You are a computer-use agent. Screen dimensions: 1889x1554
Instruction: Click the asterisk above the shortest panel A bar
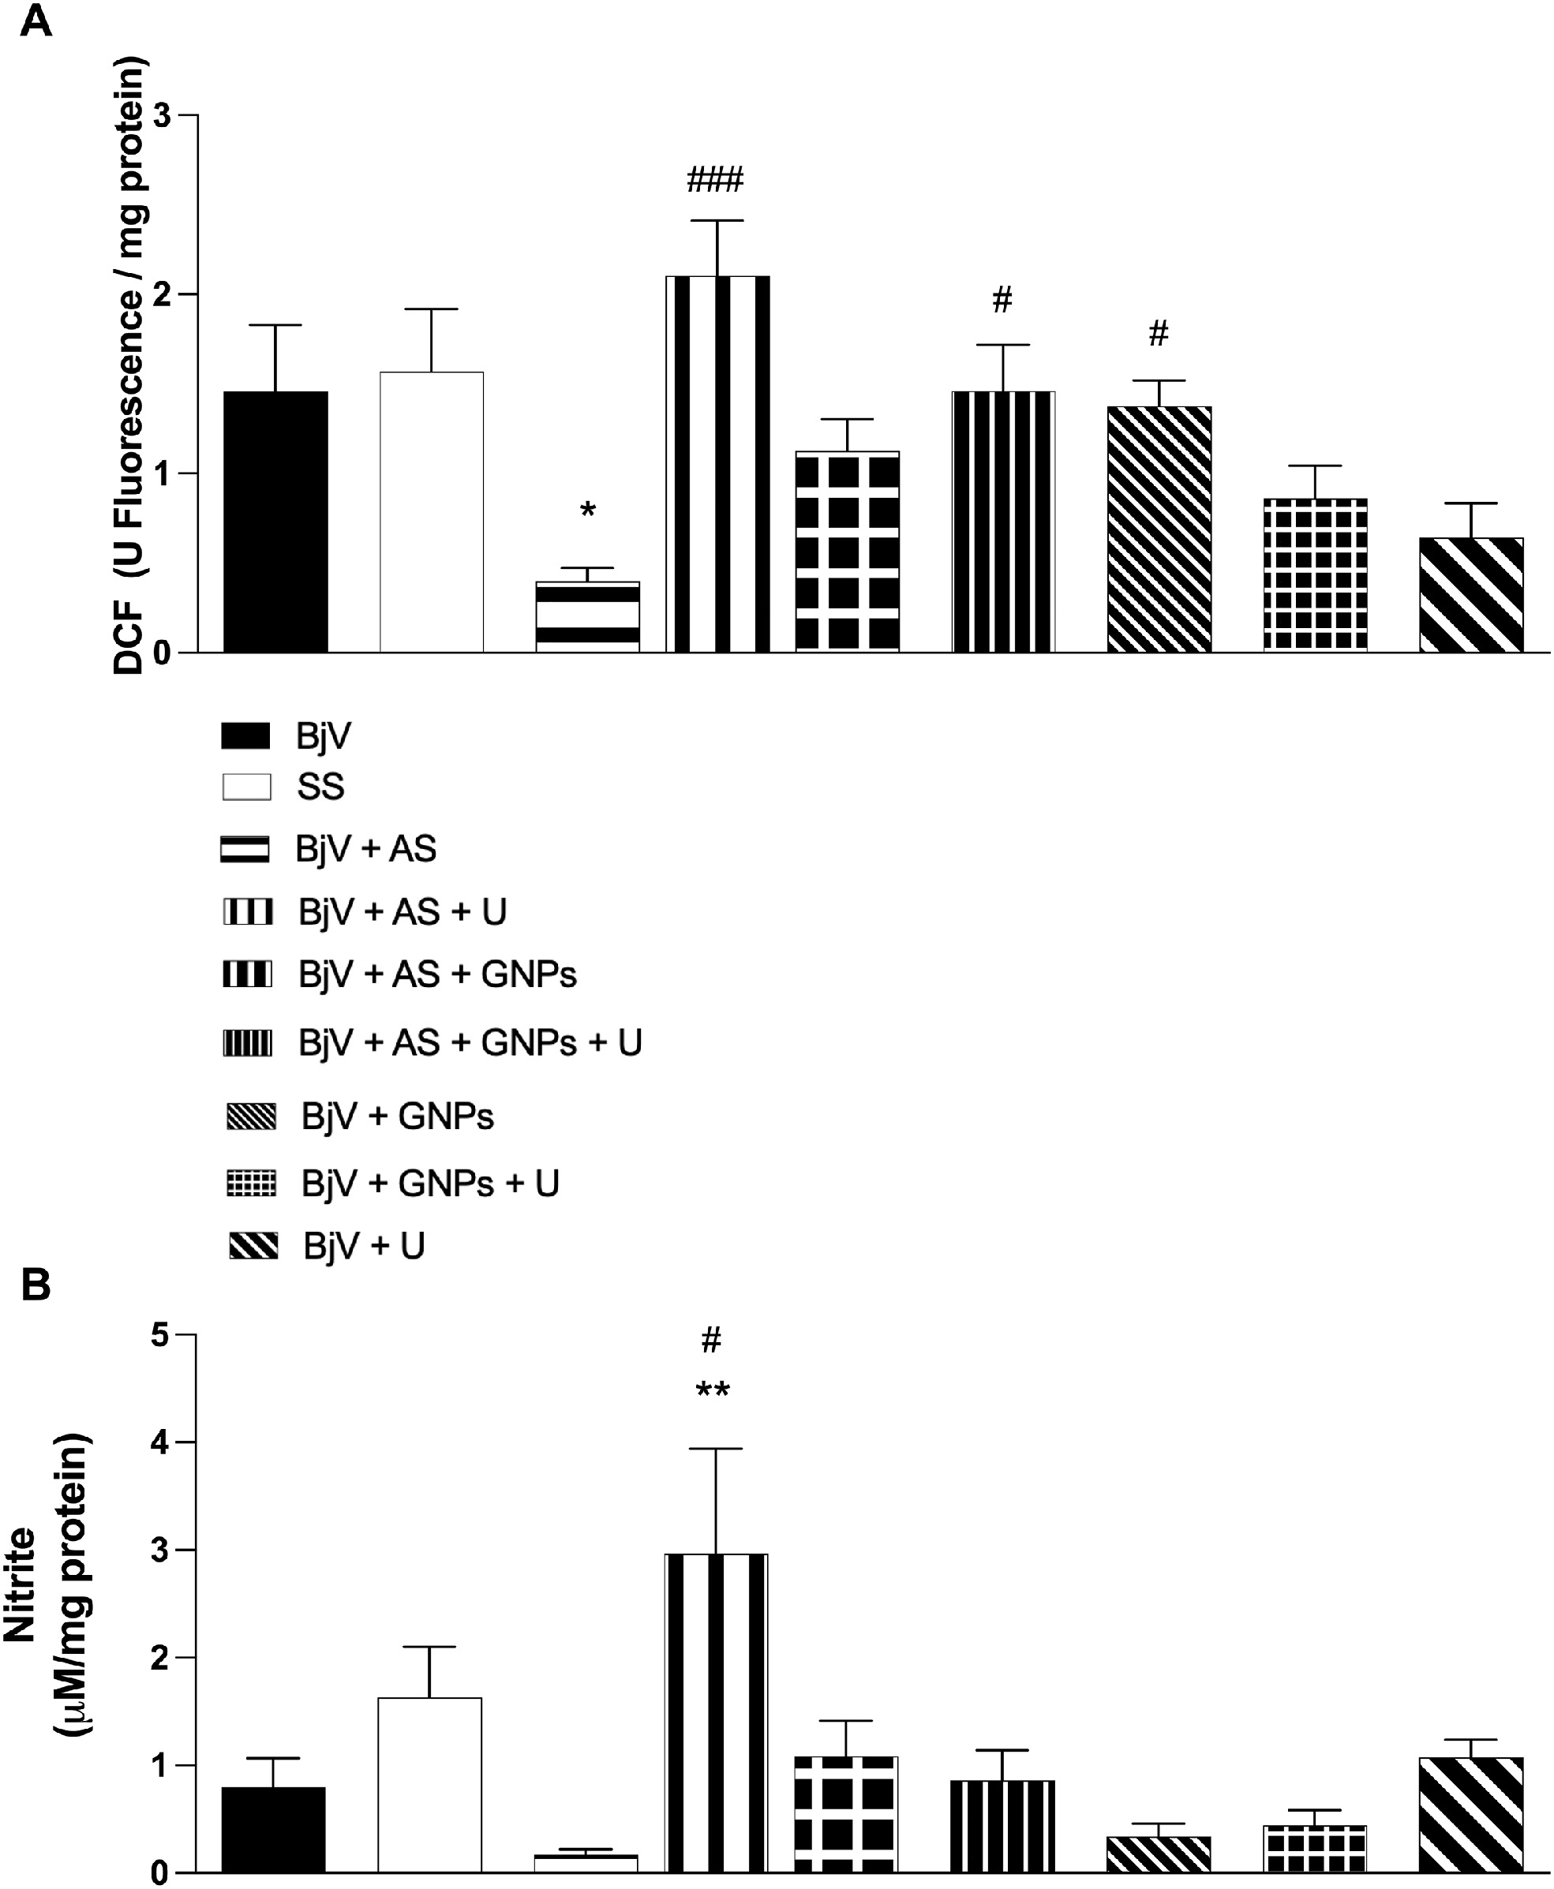pos(587,512)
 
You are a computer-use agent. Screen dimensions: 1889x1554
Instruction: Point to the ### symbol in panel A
pos(714,181)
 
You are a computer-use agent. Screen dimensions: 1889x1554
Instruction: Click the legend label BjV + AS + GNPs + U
pos(470,1043)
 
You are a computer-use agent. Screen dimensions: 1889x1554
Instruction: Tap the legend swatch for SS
pos(246,787)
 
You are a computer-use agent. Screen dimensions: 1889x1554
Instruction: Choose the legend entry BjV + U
pos(363,1246)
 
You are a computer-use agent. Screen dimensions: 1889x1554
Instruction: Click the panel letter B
pos(35,1286)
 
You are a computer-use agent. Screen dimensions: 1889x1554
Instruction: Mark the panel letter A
pos(35,20)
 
